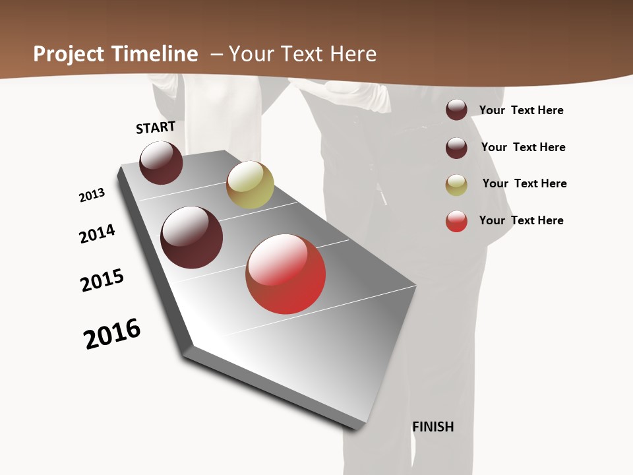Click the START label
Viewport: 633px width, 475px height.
(156, 127)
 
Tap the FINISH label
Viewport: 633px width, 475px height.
(433, 427)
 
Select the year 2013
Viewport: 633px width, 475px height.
(92, 195)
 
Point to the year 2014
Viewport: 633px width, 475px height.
(97, 234)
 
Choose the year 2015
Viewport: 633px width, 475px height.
(102, 280)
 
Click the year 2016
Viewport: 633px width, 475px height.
(112, 334)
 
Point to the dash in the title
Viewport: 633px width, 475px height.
(216, 54)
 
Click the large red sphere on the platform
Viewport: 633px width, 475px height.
(286, 274)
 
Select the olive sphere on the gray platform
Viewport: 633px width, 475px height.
(250, 185)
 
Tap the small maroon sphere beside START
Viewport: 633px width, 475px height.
(161, 162)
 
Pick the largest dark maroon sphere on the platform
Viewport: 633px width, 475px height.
(191, 237)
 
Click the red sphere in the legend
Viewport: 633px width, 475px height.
(456, 221)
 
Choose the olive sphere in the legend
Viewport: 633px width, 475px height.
(456, 185)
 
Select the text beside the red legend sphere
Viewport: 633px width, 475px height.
(521, 220)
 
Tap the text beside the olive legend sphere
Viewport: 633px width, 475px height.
(524, 183)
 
